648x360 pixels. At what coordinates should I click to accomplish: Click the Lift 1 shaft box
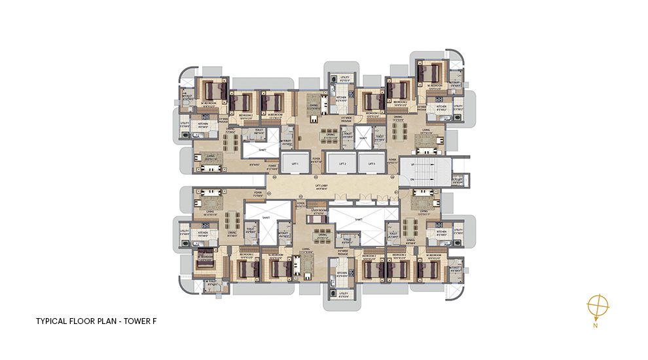tap(295, 164)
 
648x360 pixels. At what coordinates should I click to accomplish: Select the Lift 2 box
tap(341, 164)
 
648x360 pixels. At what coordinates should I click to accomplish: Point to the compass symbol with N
tap(598, 306)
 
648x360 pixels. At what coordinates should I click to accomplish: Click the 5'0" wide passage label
tap(347, 120)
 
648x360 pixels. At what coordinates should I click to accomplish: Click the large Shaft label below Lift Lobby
tap(359, 220)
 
